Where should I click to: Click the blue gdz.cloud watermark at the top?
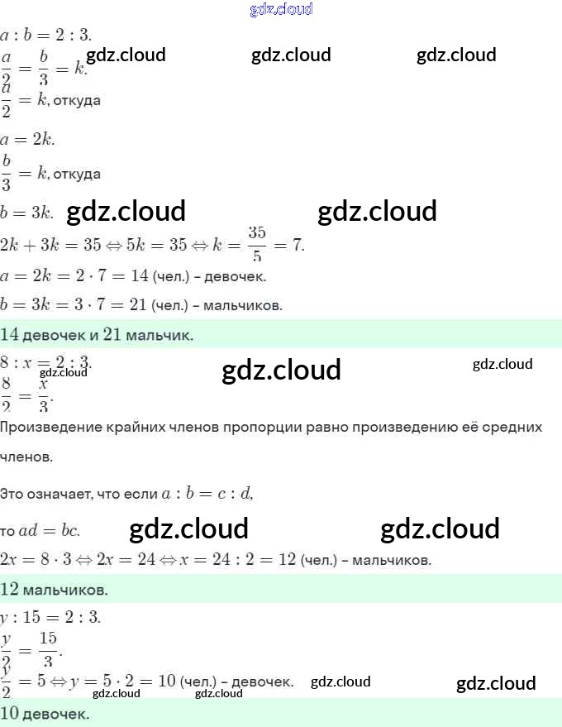point(281,10)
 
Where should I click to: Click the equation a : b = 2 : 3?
point(46,35)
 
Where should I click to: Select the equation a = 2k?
point(28,139)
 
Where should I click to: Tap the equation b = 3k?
point(27,213)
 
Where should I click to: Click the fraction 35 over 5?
point(256,244)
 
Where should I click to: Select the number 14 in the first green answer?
point(11,335)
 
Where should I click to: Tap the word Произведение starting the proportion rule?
point(50,428)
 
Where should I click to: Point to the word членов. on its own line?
point(28,457)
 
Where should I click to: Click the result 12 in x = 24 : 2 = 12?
point(287,559)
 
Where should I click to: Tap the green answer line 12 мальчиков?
point(55,590)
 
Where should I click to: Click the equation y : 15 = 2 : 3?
point(50,617)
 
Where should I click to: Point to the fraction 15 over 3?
point(49,649)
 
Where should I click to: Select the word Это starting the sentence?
point(12,494)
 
